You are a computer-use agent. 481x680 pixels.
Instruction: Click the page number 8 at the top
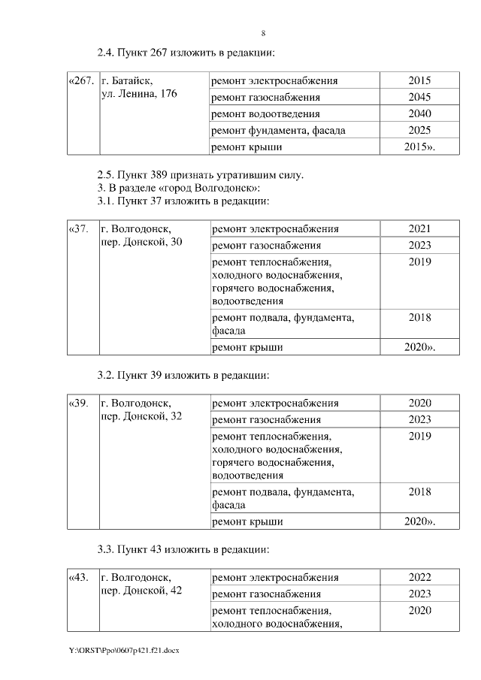(x=263, y=34)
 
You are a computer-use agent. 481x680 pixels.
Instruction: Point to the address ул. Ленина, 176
(x=139, y=94)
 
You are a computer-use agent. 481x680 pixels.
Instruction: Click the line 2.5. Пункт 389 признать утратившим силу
(x=201, y=175)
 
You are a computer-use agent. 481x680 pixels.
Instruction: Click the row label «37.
(x=78, y=228)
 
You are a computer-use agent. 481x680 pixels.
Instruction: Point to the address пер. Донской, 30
(x=141, y=242)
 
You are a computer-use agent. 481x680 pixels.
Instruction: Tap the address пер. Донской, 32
(x=141, y=416)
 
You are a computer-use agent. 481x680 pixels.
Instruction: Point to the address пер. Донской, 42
(x=141, y=591)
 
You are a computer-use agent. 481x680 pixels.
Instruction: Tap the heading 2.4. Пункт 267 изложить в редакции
(x=186, y=53)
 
